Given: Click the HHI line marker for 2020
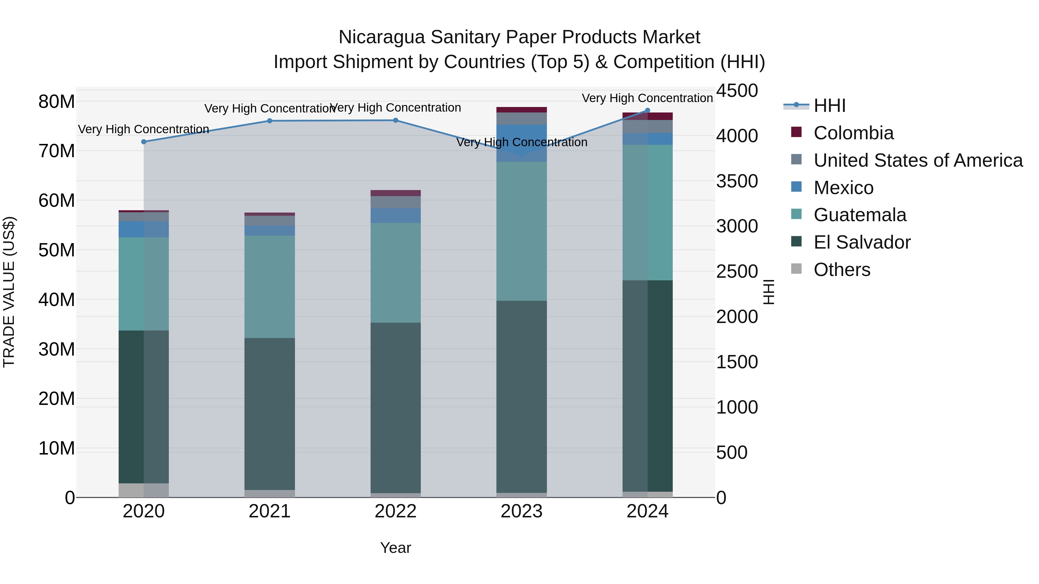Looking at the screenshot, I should [144, 142].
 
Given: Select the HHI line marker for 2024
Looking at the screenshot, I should [648, 110].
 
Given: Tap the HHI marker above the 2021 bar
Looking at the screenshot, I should [270, 121].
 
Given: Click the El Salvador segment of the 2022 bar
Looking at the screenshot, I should [396, 407].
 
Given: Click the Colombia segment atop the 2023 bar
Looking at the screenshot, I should [522, 110].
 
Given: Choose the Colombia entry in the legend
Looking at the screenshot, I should [853, 133].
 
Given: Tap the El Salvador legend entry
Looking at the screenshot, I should [862, 242].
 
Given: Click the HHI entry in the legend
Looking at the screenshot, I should [829, 106].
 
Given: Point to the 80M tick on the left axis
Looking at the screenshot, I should [57, 102].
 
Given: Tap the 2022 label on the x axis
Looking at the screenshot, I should [396, 511].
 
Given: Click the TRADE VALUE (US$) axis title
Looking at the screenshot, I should [9, 292].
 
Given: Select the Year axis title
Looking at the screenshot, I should [396, 548].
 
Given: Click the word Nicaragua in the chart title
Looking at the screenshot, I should [381, 37].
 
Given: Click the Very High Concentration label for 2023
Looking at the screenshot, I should [522, 142].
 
